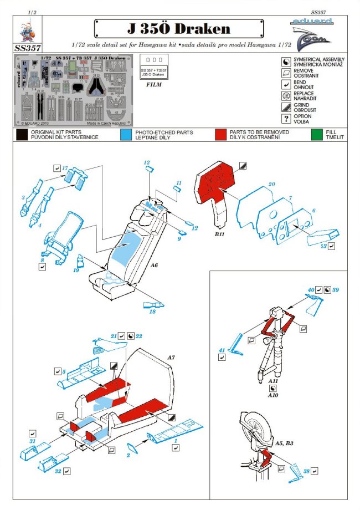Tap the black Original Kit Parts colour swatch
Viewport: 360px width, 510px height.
click(x=23, y=134)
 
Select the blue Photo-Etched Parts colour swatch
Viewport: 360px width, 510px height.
click(x=125, y=134)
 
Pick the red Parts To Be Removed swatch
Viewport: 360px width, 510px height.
click(x=221, y=134)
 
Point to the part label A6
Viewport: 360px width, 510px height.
click(x=155, y=266)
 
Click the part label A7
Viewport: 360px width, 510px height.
click(x=171, y=359)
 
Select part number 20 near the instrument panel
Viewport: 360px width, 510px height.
click(x=271, y=184)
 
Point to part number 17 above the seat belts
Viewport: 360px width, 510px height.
click(x=65, y=167)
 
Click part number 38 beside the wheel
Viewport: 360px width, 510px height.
click(x=306, y=471)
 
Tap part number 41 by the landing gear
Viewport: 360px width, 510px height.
click(x=221, y=350)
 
